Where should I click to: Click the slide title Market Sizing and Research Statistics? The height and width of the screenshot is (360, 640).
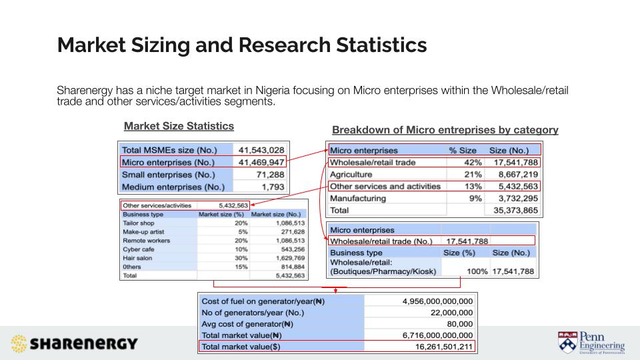[x=242, y=45]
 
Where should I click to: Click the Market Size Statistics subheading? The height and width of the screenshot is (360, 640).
[x=179, y=126]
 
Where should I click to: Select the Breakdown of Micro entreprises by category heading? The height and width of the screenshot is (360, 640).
[x=445, y=130]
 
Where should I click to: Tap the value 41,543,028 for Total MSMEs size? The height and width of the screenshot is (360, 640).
[x=261, y=150]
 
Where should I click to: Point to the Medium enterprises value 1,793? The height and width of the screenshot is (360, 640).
[x=273, y=187]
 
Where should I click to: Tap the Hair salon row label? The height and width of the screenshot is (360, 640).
[x=139, y=257]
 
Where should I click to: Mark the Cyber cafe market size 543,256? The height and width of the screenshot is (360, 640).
[x=289, y=249]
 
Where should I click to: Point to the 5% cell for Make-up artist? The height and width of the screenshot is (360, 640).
[x=224, y=231]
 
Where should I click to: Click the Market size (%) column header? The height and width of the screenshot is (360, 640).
[x=222, y=215]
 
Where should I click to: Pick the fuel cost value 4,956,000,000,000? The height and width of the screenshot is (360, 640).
[x=437, y=301]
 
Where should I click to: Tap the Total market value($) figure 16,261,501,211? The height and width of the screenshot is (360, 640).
[x=441, y=347]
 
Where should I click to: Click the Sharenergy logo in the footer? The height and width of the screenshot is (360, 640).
[x=75, y=344]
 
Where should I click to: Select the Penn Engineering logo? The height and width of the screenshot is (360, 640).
[x=591, y=341]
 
